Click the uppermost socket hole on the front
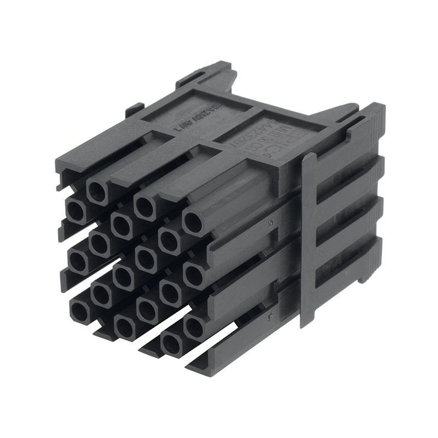coord(98,191)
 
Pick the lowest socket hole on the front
coord(172,344)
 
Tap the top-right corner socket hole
coord(193,223)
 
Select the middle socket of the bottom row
coord(125,327)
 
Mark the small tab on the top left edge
coord(134,109)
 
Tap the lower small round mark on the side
coord(270,315)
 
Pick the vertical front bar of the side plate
coord(308,241)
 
